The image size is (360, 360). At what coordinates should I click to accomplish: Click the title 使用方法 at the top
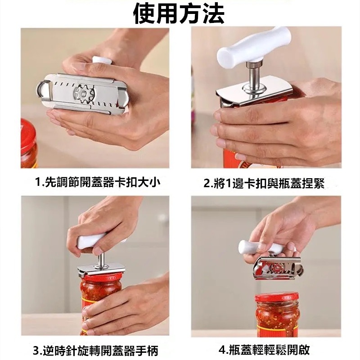click(179, 14)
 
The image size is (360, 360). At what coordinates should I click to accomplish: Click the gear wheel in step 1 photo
click(84, 94)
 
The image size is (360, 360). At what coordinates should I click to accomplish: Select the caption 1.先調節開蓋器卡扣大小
click(98, 183)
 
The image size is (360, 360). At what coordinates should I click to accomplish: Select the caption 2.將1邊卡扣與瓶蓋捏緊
click(264, 183)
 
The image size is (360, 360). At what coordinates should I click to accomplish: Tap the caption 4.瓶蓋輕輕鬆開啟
click(264, 350)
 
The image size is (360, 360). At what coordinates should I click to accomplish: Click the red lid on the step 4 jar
click(277, 298)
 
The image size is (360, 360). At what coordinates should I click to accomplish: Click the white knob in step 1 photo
click(102, 60)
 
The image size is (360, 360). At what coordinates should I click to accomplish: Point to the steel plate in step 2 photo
click(255, 92)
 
